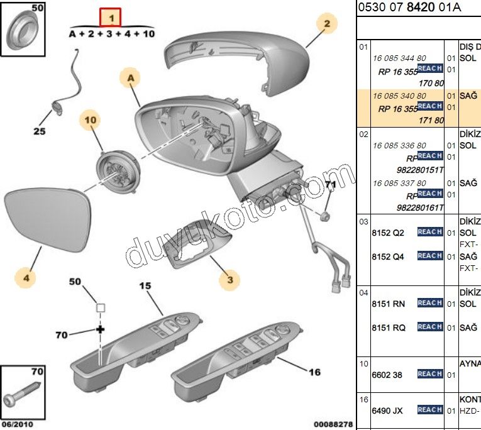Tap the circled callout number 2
326,25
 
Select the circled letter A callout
131,78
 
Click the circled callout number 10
89,119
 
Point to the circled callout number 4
26,277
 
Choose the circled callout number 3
229,280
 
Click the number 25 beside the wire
40,131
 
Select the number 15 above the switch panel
145,286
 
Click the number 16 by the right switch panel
314,372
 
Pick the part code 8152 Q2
388,233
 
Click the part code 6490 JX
388,411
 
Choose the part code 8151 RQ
389,328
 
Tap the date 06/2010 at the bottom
17,424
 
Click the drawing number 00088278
333,424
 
